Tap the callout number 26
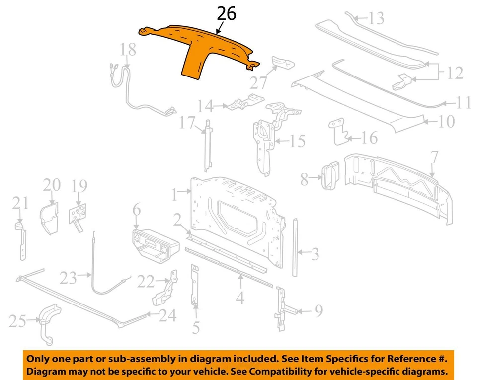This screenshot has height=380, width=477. pos(227,14)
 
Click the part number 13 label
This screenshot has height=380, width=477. pos(376,19)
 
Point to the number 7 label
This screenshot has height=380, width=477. pos(434,158)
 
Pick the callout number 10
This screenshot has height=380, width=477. pos(446,121)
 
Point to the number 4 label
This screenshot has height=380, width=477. pos(240,298)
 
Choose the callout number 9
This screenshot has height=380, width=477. pos(318,311)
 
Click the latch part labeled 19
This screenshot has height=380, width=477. pos(77,215)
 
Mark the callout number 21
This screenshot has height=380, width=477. pos(20,203)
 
